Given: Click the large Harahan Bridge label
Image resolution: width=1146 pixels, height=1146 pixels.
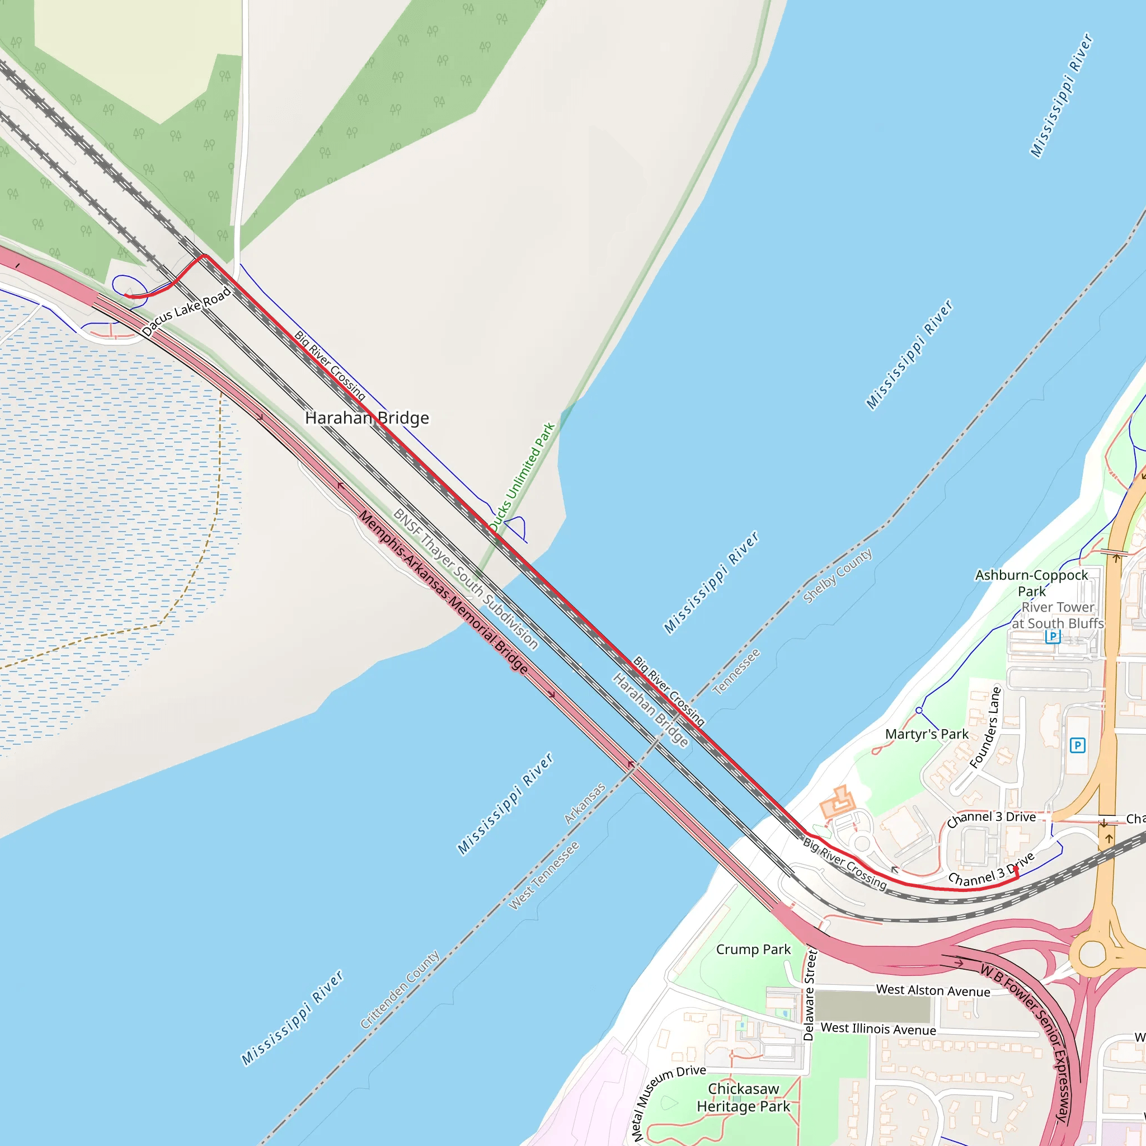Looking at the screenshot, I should click(x=367, y=418).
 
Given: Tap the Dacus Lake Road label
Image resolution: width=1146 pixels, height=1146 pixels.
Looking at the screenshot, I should click(x=186, y=313).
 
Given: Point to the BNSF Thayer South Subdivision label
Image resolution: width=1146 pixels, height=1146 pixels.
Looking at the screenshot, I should click(x=466, y=579).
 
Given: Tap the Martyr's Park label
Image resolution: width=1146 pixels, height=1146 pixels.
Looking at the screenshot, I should click(x=927, y=734).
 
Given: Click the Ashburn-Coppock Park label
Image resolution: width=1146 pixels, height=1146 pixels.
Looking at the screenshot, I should click(x=1031, y=583).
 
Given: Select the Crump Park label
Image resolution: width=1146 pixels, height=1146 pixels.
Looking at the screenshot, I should click(x=753, y=950).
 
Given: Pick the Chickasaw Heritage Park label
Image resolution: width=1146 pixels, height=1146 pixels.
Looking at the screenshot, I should click(x=743, y=1097).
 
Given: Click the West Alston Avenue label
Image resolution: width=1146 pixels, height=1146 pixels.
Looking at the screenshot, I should click(x=933, y=990).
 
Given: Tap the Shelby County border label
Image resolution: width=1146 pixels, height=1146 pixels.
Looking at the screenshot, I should click(x=837, y=576).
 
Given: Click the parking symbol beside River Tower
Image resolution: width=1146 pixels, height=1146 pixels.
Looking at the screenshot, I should click(x=1053, y=636).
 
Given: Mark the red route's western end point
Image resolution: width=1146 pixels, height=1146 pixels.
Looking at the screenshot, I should click(x=126, y=295).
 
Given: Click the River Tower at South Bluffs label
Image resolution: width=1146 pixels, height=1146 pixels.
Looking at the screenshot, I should click(x=1058, y=615).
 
